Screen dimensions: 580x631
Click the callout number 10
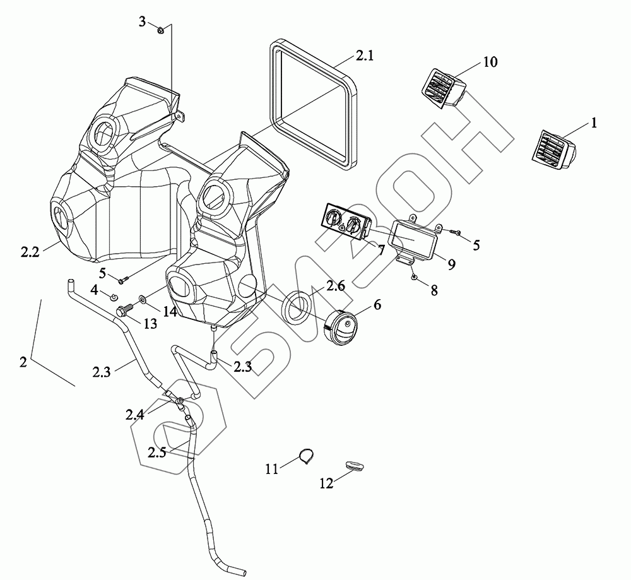tap(490, 62)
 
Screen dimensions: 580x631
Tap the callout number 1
tap(593, 124)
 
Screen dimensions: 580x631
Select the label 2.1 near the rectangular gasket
tap(364, 56)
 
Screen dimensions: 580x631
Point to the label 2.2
tap(30, 252)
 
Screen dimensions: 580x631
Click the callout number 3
tap(143, 21)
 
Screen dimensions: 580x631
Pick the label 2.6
tap(335, 286)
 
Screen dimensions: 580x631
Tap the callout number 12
tap(326, 484)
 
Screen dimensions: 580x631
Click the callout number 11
tap(271, 468)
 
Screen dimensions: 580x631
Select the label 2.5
tap(157, 452)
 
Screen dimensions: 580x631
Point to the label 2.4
tap(134, 415)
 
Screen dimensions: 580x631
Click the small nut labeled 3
tap(160, 29)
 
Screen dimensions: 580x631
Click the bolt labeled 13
tap(124, 311)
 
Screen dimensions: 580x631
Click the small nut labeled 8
tap(413, 276)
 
